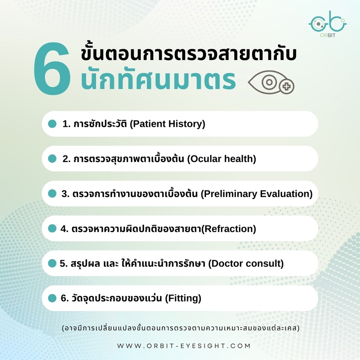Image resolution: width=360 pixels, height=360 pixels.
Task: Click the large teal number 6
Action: (x=52, y=68)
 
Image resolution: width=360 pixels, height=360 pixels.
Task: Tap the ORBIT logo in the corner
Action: (x=328, y=24)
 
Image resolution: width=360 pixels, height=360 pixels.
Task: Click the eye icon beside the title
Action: (x=271, y=82)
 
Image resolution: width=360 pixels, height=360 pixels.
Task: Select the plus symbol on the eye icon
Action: (x=286, y=86)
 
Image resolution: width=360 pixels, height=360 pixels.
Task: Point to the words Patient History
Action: (x=167, y=124)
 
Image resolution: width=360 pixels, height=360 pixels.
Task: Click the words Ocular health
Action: (x=222, y=159)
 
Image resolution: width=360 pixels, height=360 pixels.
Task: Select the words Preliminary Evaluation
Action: (x=257, y=194)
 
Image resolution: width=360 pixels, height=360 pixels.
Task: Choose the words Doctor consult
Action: (x=246, y=264)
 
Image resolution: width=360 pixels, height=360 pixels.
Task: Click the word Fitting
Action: (x=183, y=298)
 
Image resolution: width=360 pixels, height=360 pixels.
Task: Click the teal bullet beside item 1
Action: (x=52, y=124)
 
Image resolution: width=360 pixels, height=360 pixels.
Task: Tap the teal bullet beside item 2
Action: (x=52, y=159)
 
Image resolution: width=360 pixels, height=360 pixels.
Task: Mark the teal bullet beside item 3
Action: (x=52, y=194)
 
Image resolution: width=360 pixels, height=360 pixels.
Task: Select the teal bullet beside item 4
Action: (x=52, y=228)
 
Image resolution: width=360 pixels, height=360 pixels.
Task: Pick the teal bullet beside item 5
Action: (x=52, y=263)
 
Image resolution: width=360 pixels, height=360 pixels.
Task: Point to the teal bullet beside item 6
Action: (x=52, y=298)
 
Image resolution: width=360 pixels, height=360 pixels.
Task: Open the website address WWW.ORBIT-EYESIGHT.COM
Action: (x=184, y=346)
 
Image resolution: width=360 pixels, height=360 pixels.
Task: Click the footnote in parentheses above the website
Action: (x=181, y=328)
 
